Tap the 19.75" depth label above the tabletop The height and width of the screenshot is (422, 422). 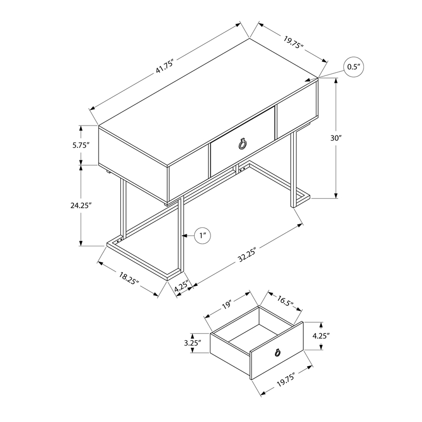point(293,42)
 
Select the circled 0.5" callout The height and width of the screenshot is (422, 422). point(353,67)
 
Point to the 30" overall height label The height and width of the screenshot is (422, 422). point(337,138)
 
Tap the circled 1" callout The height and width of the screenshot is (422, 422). point(203,236)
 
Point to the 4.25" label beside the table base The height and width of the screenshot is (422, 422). point(181,288)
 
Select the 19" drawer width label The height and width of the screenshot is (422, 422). point(227,304)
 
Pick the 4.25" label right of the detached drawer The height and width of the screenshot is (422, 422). point(321,335)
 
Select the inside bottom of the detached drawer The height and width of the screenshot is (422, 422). point(248,333)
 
